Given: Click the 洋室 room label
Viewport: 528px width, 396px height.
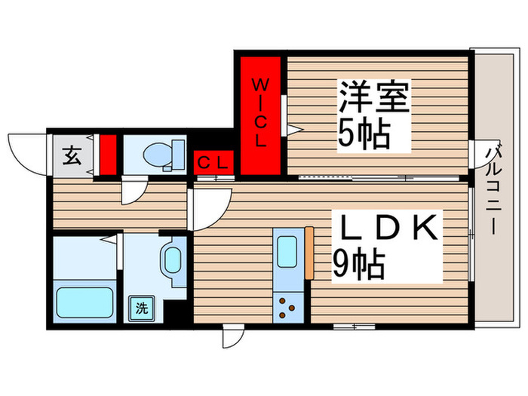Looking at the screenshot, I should tap(373, 99).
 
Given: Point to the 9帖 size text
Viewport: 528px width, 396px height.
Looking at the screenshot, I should tap(359, 263).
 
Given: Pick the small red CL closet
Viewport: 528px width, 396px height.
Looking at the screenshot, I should tap(215, 162).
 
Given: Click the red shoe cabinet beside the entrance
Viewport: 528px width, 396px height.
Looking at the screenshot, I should tap(108, 155).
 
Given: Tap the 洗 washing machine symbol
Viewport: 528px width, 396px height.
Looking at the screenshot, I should tap(141, 307).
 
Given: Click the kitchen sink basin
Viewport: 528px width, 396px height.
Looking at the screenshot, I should tap(287, 249).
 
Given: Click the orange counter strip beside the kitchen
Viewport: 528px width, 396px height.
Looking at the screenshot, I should tap(309, 253).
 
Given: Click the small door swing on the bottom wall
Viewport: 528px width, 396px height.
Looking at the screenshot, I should tap(233, 336).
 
